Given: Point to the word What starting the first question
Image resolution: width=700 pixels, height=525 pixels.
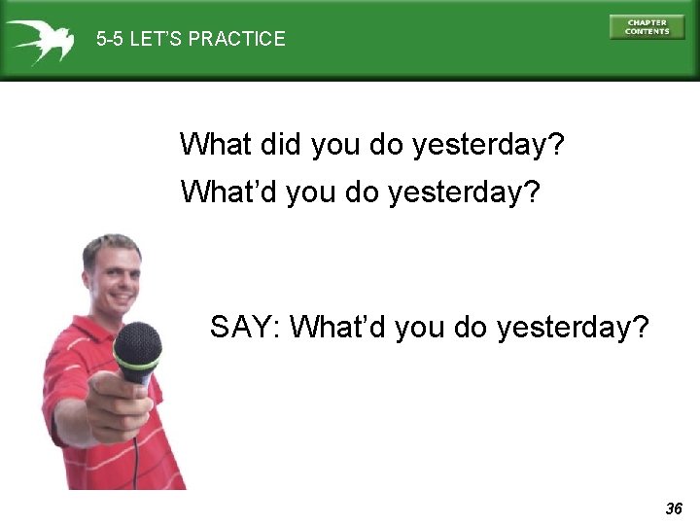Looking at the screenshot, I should [x=216, y=146].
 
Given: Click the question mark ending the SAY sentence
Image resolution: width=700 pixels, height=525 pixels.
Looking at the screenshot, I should [x=640, y=328].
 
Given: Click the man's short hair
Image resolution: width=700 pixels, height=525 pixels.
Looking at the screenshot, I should [x=110, y=247].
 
